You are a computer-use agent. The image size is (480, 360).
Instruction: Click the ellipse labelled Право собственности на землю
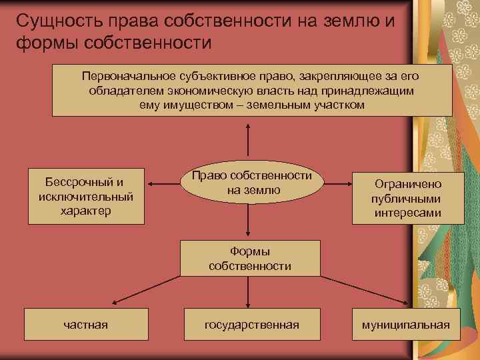252,183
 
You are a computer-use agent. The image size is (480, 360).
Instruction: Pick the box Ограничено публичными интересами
407,198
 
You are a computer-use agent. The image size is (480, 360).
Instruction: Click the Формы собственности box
249,258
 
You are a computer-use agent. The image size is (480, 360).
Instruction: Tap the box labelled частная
86,325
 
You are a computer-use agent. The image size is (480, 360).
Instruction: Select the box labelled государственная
251,325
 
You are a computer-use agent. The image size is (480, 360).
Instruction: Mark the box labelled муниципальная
405,325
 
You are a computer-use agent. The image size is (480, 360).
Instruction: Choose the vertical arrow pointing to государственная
249,291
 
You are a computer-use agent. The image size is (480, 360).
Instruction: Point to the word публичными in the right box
407,199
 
